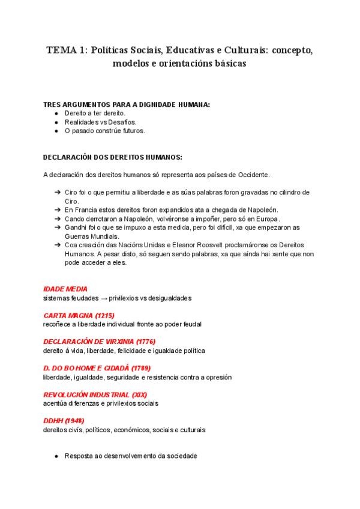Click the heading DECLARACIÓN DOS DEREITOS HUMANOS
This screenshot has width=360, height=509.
[112, 157]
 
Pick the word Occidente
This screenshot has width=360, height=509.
[253, 175]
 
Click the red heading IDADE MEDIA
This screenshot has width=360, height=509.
[66, 289]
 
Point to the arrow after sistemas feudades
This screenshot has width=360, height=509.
[103, 298]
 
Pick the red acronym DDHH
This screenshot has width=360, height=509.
[53, 421]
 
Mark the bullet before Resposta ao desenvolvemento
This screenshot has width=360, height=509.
[56, 456]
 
